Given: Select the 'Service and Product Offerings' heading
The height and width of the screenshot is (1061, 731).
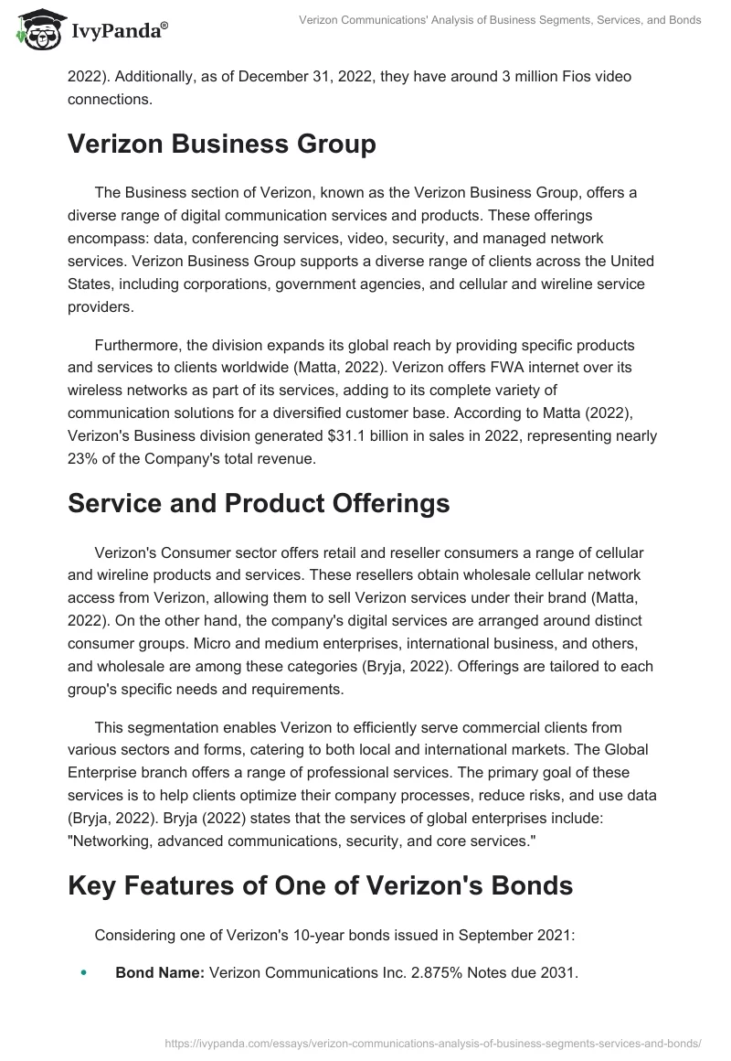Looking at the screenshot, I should pyautogui.click(x=259, y=503).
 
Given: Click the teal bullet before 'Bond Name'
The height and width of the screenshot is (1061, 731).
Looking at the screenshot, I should pyautogui.click(x=84, y=973).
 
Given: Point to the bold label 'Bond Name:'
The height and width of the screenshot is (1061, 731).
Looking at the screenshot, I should pyautogui.click(x=160, y=973).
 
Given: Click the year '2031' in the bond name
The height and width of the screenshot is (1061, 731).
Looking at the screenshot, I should pyautogui.click(x=558, y=973).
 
